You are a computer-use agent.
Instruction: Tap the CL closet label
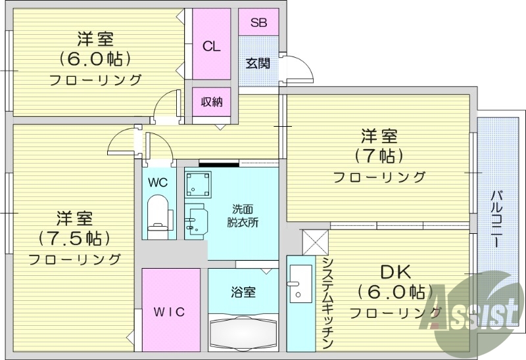(x=211, y=46)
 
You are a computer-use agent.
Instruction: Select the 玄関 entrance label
(x=258, y=64)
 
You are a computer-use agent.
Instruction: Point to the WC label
(x=157, y=182)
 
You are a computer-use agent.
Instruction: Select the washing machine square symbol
(x=198, y=185)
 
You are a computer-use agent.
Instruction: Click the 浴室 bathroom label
(x=243, y=293)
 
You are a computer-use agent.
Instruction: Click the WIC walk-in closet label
(x=170, y=311)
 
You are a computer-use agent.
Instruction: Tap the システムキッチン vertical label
(x=327, y=302)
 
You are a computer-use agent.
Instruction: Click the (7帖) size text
(x=378, y=156)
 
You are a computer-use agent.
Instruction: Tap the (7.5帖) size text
(x=72, y=236)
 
